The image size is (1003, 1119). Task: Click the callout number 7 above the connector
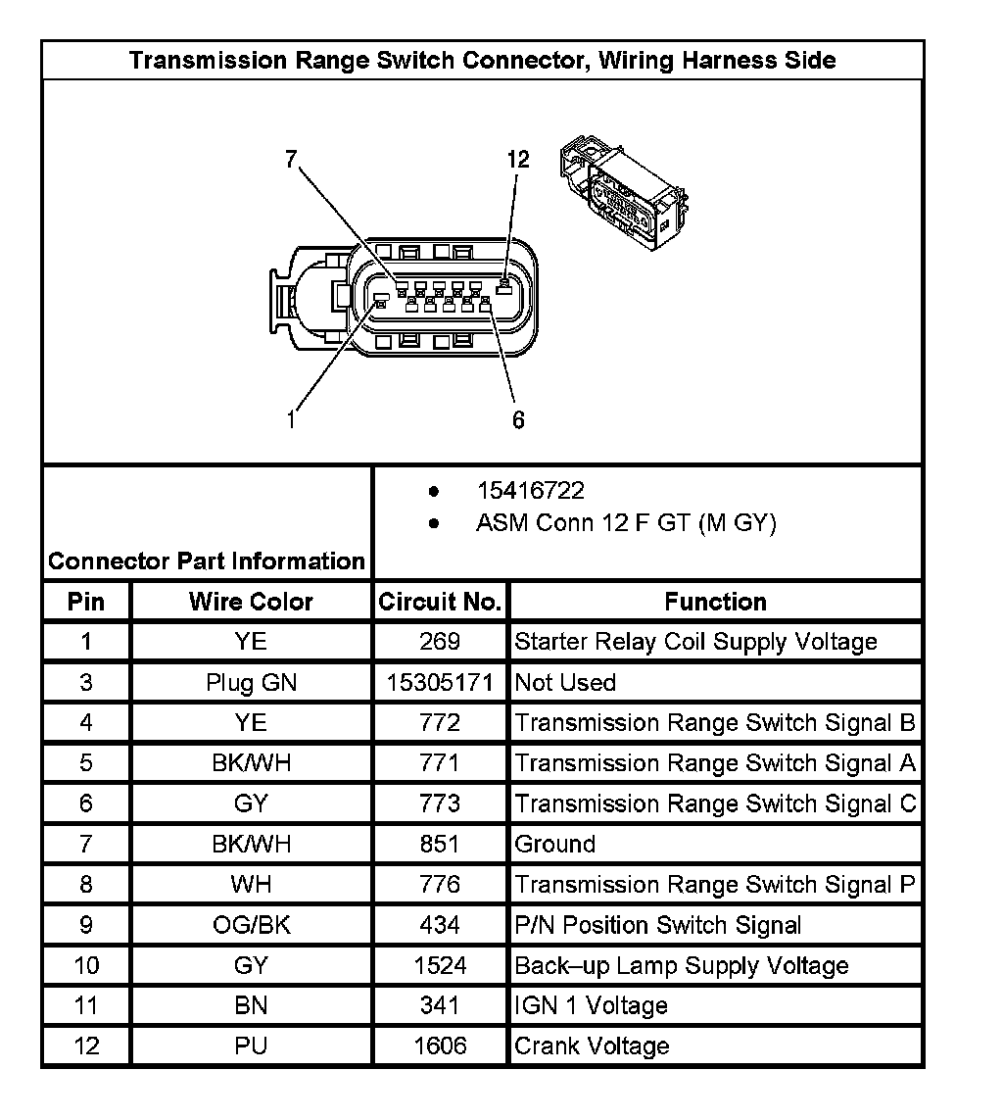(x=290, y=161)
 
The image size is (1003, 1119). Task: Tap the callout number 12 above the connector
(x=518, y=160)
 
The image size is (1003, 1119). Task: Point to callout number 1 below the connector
(x=291, y=419)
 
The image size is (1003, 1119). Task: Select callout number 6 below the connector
(x=518, y=420)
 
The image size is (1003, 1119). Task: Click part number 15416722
(x=531, y=490)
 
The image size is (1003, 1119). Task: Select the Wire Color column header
(x=251, y=602)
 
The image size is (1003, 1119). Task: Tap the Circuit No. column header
(x=440, y=602)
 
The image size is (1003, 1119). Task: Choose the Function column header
(x=715, y=602)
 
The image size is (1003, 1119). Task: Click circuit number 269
(x=440, y=642)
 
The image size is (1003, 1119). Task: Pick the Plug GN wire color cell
(x=251, y=683)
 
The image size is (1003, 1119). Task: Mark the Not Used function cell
(x=565, y=683)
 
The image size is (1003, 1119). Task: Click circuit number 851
(x=440, y=844)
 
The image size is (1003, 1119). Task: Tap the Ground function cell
(x=555, y=844)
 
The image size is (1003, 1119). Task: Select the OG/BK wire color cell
(x=251, y=925)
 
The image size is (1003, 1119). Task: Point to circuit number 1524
(x=440, y=965)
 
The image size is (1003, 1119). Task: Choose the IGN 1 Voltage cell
(x=591, y=1005)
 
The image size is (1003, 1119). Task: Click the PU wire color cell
(x=251, y=1046)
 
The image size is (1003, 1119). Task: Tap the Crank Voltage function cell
(x=592, y=1046)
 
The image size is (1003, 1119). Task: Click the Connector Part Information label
(x=207, y=561)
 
